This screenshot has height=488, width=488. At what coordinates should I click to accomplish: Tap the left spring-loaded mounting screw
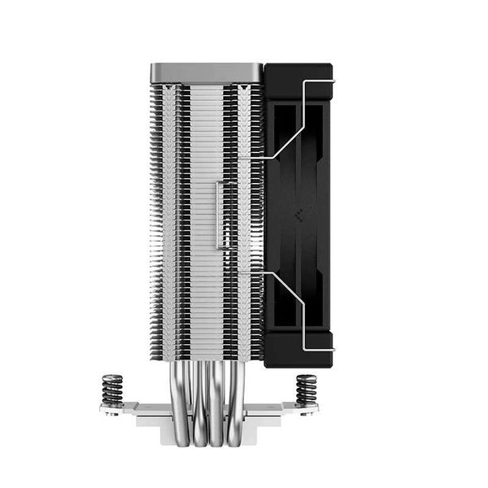click(111, 389)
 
